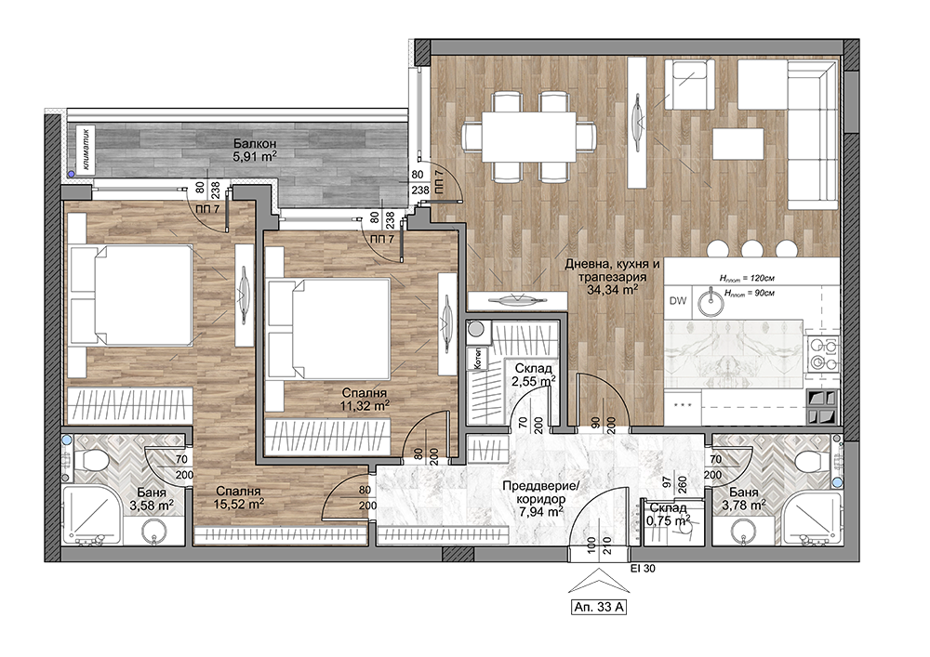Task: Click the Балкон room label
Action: pyautogui.click(x=255, y=143)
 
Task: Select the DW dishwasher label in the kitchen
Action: pyautogui.click(x=678, y=300)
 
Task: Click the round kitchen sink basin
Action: pyautogui.click(x=711, y=304)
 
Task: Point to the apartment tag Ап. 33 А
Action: pyautogui.click(x=599, y=607)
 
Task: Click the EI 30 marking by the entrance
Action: pyautogui.click(x=643, y=569)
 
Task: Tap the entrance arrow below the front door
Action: pyautogui.click(x=599, y=581)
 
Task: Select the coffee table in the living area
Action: pyautogui.click(x=737, y=144)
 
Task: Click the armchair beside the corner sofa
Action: pyautogui.click(x=689, y=85)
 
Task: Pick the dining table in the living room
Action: pyautogui.click(x=529, y=137)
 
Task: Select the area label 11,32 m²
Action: pyautogui.click(x=365, y=405)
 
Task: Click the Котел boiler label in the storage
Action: pyautogui.click(x=476, y=359)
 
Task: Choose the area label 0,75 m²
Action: pyautogui.click(x=670, y=520)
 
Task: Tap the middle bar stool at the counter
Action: pyautogui.click(x=752, y=248)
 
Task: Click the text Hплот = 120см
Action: pyautogui.click(x=748, y=277)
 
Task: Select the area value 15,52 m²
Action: pyautogui.click(x=239, y=504)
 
